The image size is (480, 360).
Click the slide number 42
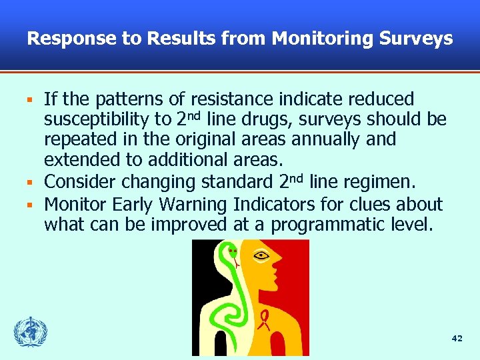click(457, 339)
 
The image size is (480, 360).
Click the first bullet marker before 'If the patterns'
click(29, 101)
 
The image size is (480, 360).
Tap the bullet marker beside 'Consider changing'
click(29, 182)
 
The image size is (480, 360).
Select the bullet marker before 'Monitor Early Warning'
click(29, 203)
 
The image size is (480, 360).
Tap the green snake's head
click(231, 253)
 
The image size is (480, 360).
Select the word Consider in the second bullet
click(79, 181)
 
